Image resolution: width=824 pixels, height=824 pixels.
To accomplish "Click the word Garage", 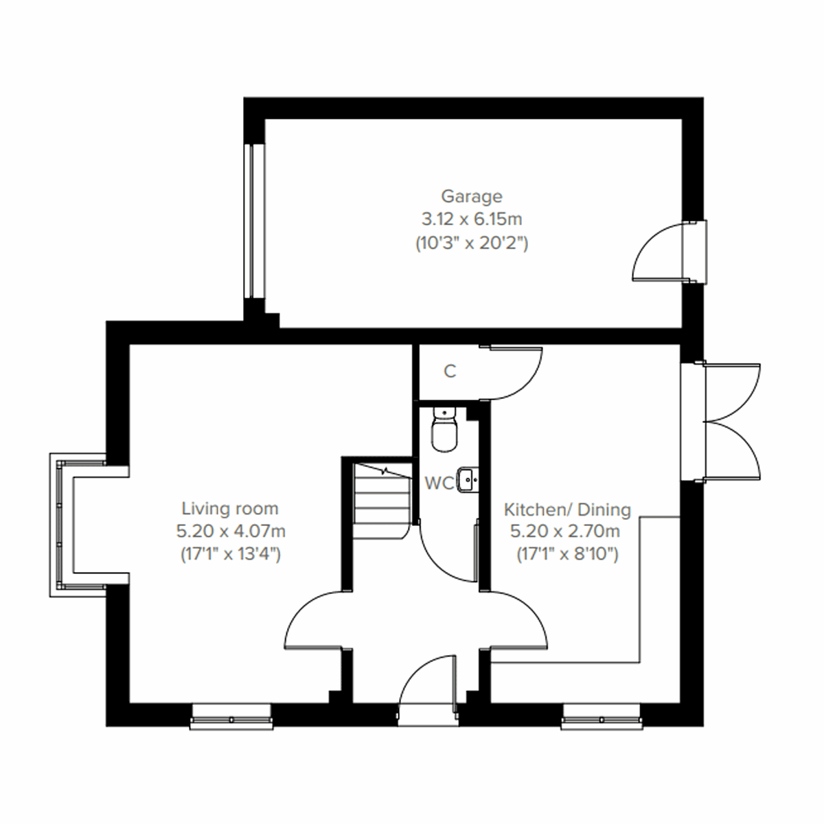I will coord(471,197).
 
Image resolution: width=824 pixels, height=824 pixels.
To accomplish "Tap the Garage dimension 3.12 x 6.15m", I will coord(471,220).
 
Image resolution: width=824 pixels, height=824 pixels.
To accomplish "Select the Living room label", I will coord(230,509).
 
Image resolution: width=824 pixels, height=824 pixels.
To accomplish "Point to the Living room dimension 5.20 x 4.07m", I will coord(230,531).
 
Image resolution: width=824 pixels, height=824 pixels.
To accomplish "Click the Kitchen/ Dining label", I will coord(567,510).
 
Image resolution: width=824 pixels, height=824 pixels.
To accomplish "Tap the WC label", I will coord(439,483).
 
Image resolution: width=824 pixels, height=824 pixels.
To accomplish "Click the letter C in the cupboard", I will coord(450,371).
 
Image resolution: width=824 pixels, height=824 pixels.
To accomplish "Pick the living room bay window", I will coord(60,526).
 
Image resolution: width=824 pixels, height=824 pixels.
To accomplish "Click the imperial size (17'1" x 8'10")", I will coord(567,554).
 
